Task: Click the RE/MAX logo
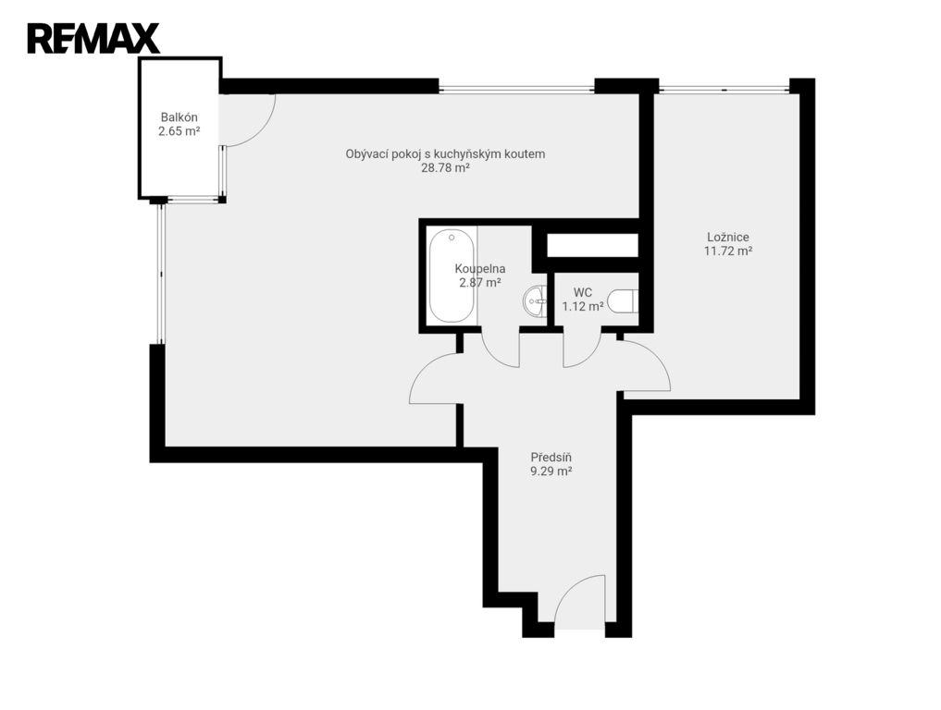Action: click(93, 39)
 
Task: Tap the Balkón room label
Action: click(179, 117)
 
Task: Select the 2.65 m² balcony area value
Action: click(179, 131)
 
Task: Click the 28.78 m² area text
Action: click(445, 168)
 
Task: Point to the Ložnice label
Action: click(728, 238)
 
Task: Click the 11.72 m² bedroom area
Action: click(728, 251)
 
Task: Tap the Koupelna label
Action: click(480, 269)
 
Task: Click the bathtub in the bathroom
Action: click(452, 275)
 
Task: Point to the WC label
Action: click(583, 293)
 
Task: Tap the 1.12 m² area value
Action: click(583, 307)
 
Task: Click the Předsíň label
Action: click(551, 458)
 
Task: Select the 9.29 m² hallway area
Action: click(551, 471)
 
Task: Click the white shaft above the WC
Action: click(592, 245)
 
